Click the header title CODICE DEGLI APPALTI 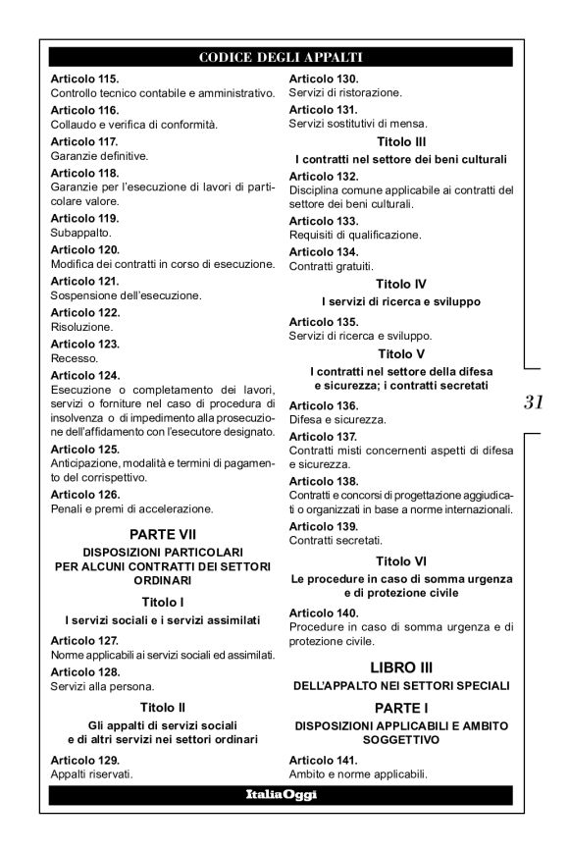click(x=281, y=57)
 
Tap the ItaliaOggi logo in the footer click(x=281, y=794)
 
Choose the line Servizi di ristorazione click(x=345, y=92)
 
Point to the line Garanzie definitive click(x=99, y=155)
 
